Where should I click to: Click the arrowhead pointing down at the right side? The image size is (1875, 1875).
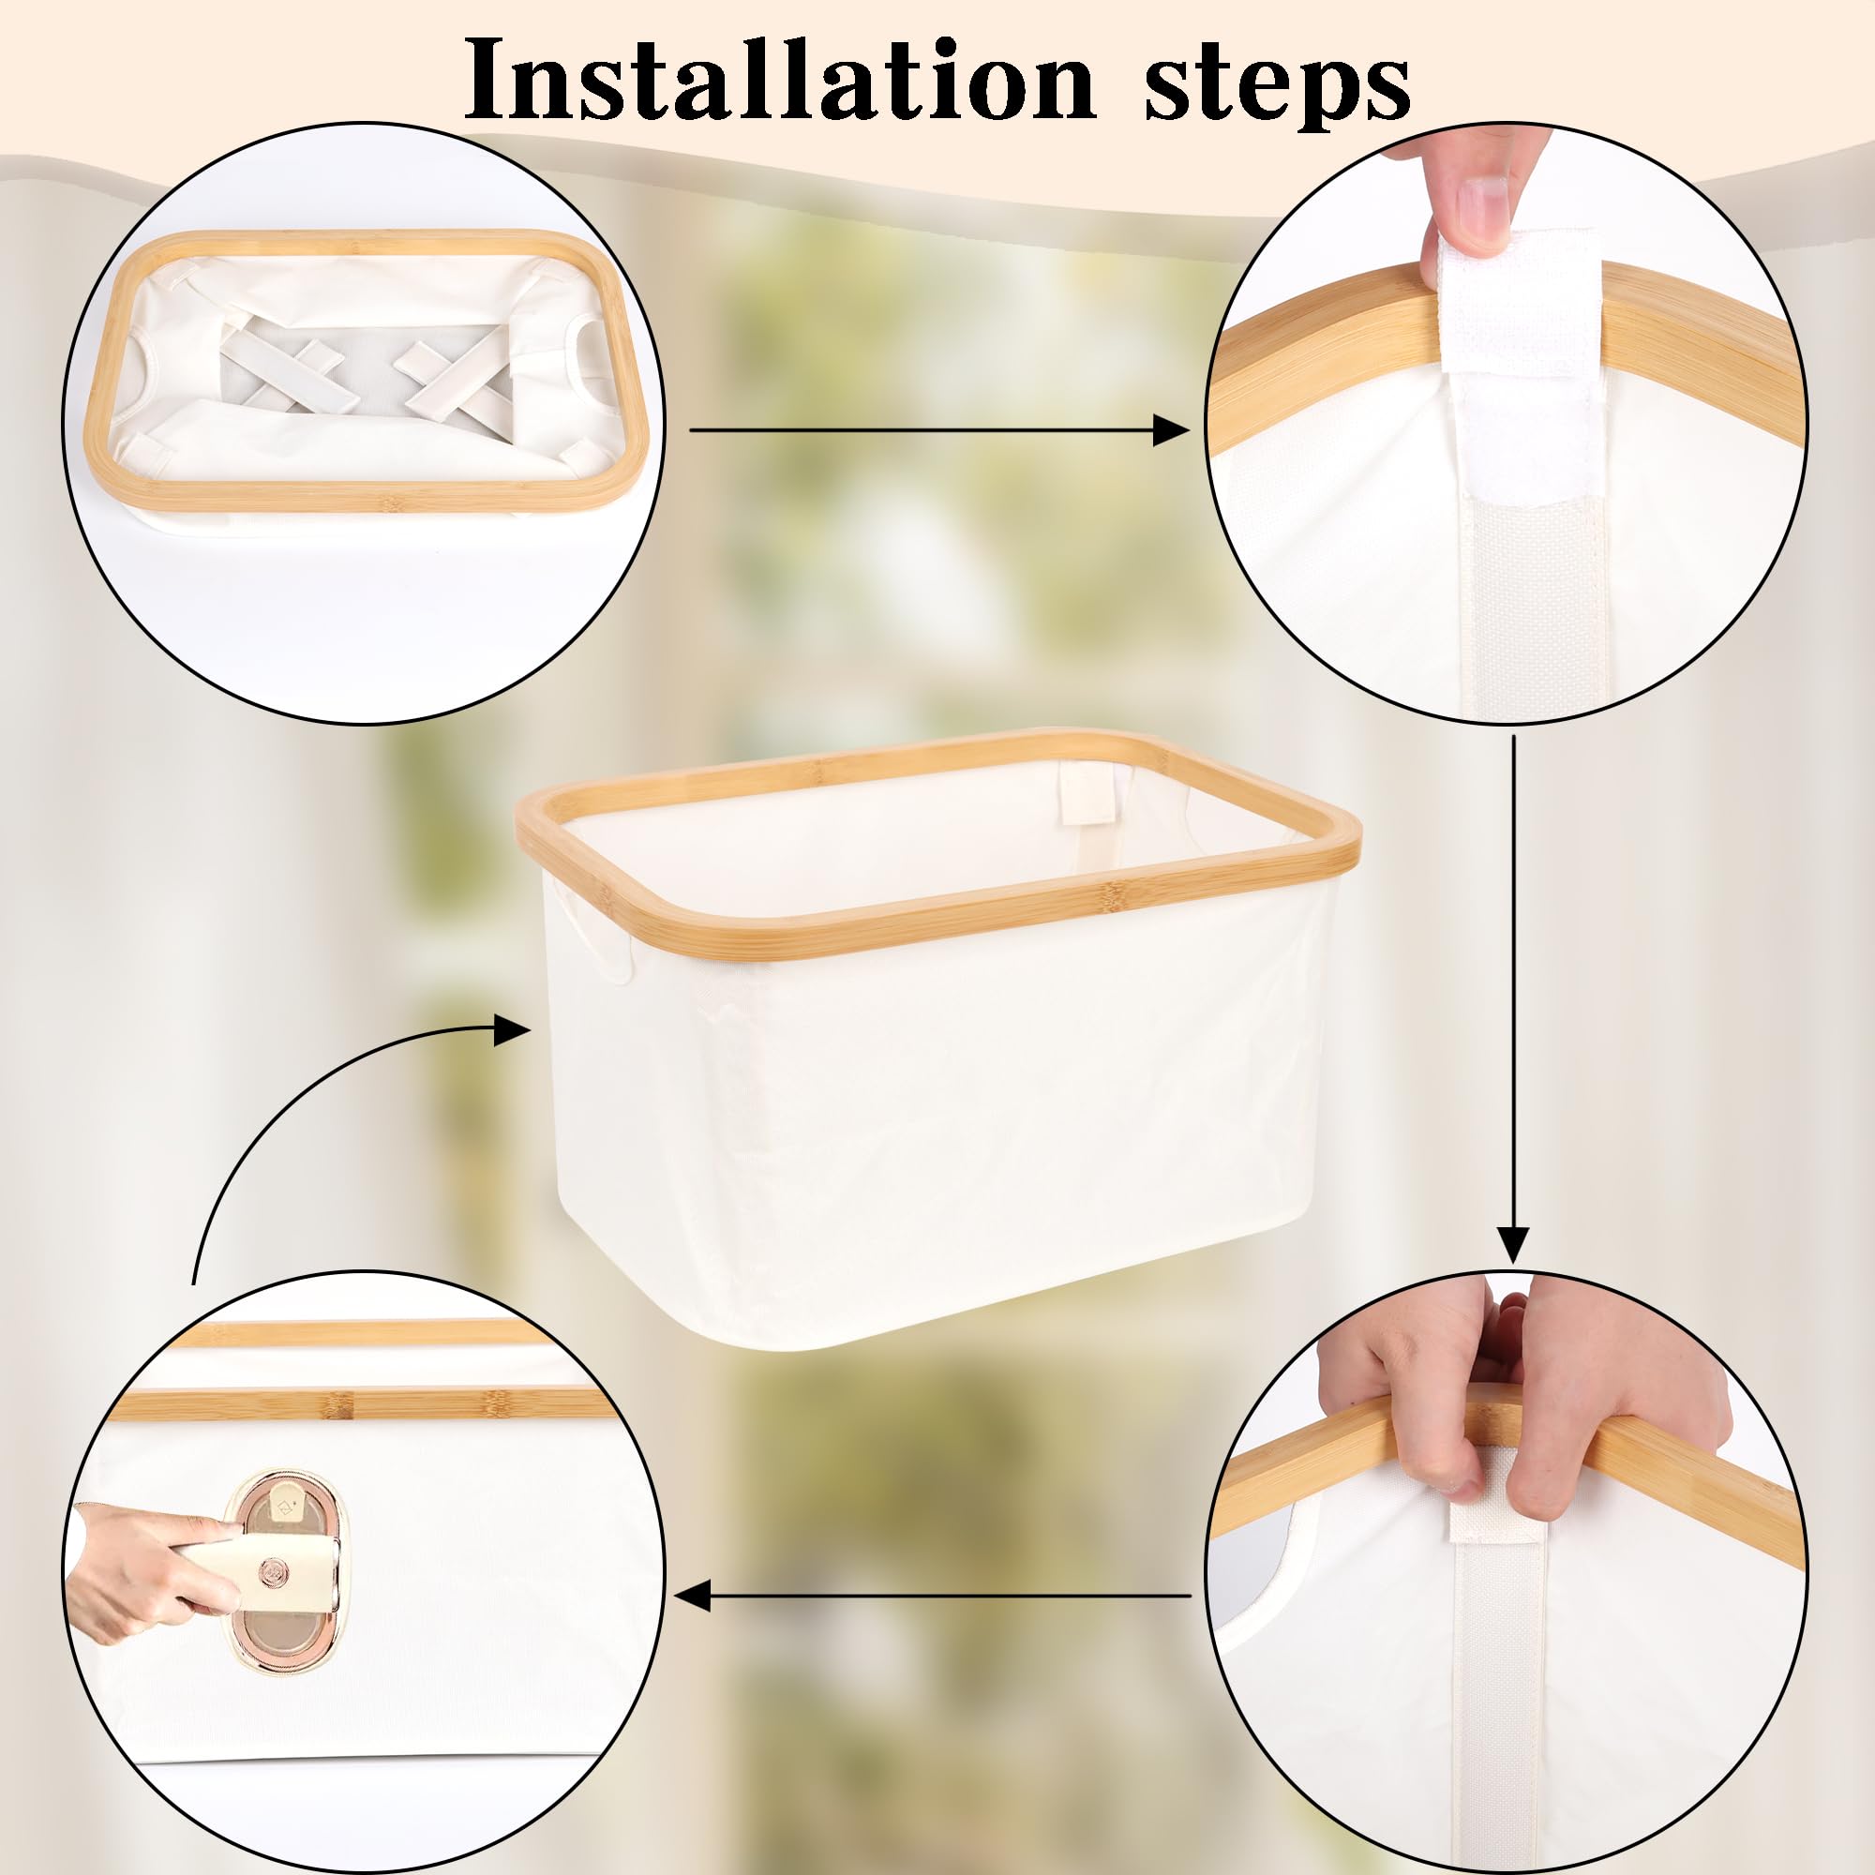1513,1245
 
